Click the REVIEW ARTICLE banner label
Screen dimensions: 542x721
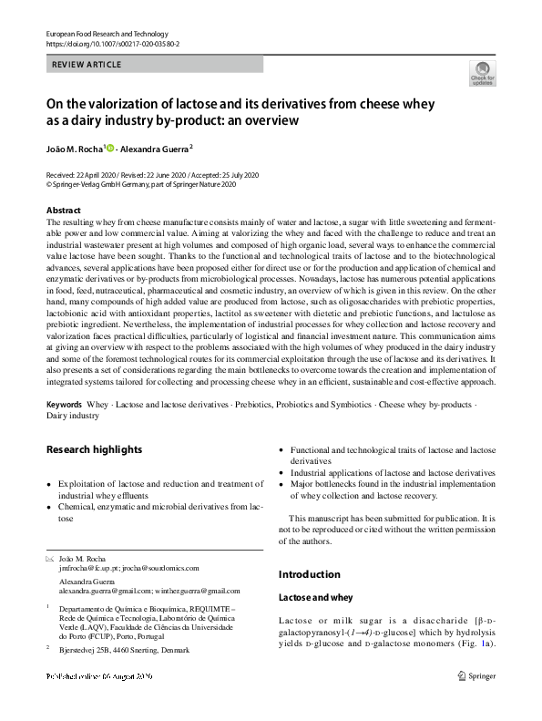coord(87,65)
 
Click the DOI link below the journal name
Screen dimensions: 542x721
coord(112,43)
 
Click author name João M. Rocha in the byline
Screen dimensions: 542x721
coord(75,148)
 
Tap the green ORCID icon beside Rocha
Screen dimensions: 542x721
coord(110,148)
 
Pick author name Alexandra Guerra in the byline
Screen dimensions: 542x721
coord(155,148)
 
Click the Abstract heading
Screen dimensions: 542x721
coord(64,211)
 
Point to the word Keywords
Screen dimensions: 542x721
coord(64,403)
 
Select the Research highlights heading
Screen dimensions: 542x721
coord(94,449)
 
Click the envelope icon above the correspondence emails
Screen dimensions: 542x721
coord(49,556)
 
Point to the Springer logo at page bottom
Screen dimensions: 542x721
coord(477,675)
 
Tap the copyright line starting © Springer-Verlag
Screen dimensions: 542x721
coord(141,183)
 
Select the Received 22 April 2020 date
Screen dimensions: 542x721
coord(84,174)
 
